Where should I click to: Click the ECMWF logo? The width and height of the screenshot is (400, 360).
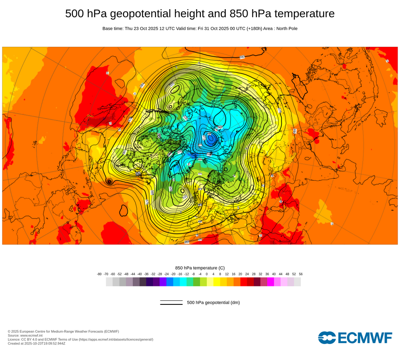355,338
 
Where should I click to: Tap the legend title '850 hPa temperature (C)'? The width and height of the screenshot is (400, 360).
200,268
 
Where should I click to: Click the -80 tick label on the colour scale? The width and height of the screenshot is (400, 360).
99,274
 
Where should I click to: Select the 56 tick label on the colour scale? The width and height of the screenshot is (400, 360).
301,274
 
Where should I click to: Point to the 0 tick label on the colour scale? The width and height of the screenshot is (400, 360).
207,274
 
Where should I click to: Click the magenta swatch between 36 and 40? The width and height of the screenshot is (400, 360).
270,282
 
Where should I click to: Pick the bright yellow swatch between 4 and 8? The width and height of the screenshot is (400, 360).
217,282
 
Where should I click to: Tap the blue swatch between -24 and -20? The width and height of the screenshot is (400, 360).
170,282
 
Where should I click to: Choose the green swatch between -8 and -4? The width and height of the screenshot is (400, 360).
196,282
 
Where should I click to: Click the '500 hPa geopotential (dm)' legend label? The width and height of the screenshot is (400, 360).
213,302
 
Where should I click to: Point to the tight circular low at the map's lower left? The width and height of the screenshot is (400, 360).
109,182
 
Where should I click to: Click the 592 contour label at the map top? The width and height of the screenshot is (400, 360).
242,57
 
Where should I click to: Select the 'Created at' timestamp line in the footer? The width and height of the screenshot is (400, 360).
36,343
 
